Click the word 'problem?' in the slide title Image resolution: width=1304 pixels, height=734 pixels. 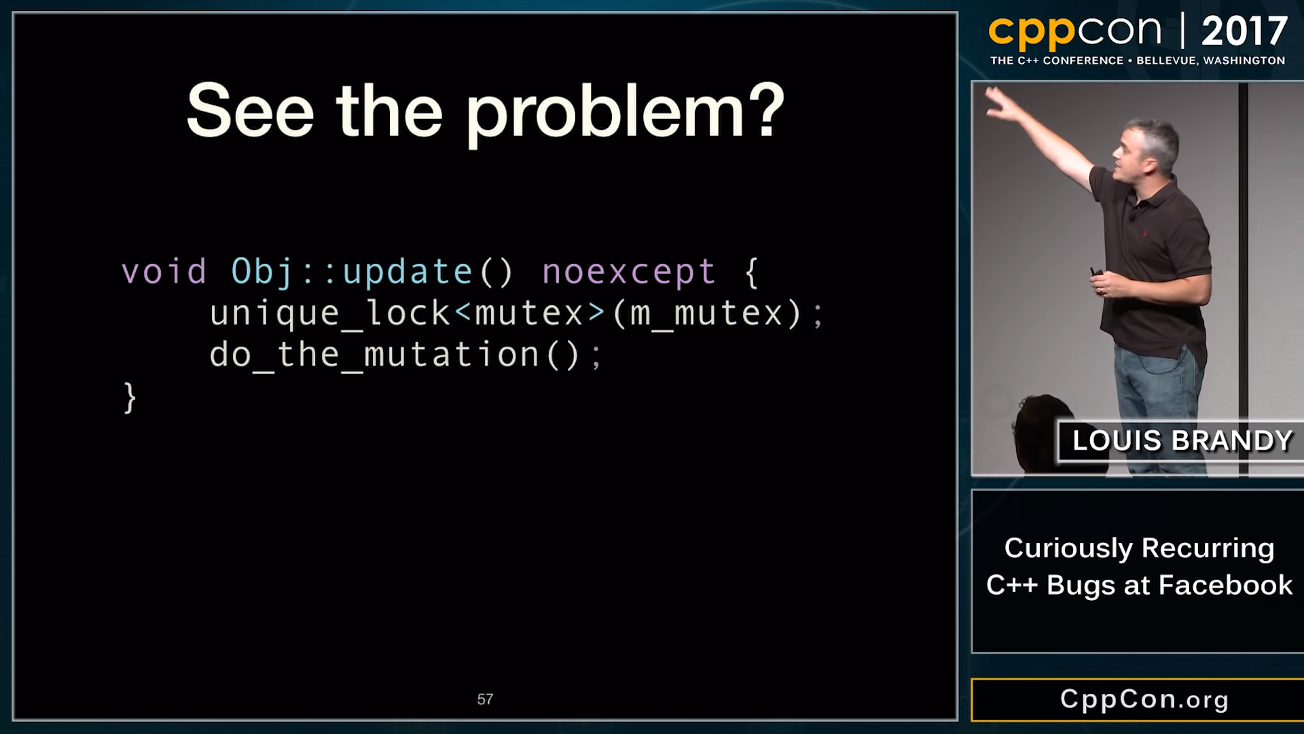625,113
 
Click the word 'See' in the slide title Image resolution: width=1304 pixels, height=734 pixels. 250,111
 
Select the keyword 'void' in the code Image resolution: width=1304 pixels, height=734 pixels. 164,272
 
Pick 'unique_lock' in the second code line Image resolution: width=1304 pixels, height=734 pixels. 329,314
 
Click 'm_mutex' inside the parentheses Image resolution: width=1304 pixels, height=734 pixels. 706,314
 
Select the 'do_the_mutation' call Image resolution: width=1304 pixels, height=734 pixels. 374,355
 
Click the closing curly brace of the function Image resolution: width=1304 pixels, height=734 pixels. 130,398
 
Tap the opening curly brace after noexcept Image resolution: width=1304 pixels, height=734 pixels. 751,273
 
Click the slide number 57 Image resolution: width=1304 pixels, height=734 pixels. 485,699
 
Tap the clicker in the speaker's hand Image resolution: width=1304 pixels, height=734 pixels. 1095,273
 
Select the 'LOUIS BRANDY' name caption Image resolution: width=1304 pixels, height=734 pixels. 1182,440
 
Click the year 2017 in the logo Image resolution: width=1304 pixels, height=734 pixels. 1244,31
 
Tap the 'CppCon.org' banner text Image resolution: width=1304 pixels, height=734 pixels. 1144,699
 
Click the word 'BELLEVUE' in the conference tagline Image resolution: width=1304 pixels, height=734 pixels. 1166,60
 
